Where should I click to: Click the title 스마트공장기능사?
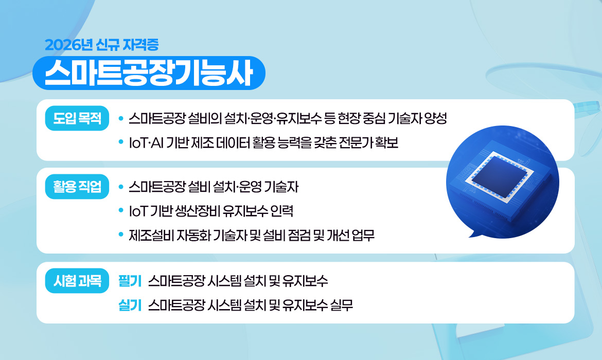[149, 73]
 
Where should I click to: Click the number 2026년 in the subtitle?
[68, 45]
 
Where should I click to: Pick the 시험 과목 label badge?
[77, 281]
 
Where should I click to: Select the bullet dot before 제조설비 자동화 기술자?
[120, 235]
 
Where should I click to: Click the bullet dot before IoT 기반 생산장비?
[120, 211]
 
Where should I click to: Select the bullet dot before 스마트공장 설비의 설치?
[120, 119]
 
